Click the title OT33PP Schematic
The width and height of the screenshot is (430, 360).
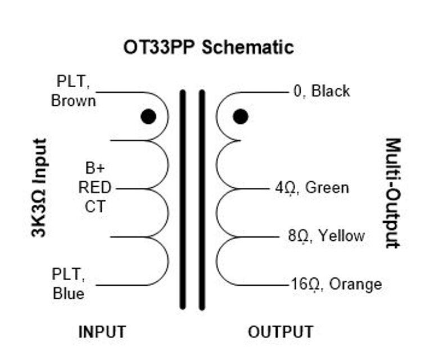208,47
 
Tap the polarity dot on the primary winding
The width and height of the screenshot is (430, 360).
148,116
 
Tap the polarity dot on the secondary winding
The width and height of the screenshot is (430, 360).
241,116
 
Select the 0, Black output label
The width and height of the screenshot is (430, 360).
322,91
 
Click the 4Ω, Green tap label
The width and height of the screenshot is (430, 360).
312,188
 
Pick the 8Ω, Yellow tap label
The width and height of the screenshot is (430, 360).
326,236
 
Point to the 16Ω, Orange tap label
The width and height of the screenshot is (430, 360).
336,284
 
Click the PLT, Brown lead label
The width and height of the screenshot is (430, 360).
73,91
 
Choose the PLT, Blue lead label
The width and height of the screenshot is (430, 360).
69,284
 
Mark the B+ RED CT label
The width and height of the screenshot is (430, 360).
94,187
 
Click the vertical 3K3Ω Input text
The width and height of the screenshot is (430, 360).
39,188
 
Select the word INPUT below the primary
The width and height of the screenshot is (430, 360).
102,332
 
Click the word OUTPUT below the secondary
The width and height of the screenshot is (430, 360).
280,332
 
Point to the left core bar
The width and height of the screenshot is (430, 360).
183,200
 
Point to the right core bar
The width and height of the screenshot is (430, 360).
202,200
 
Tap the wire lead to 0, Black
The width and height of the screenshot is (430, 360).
264,92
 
